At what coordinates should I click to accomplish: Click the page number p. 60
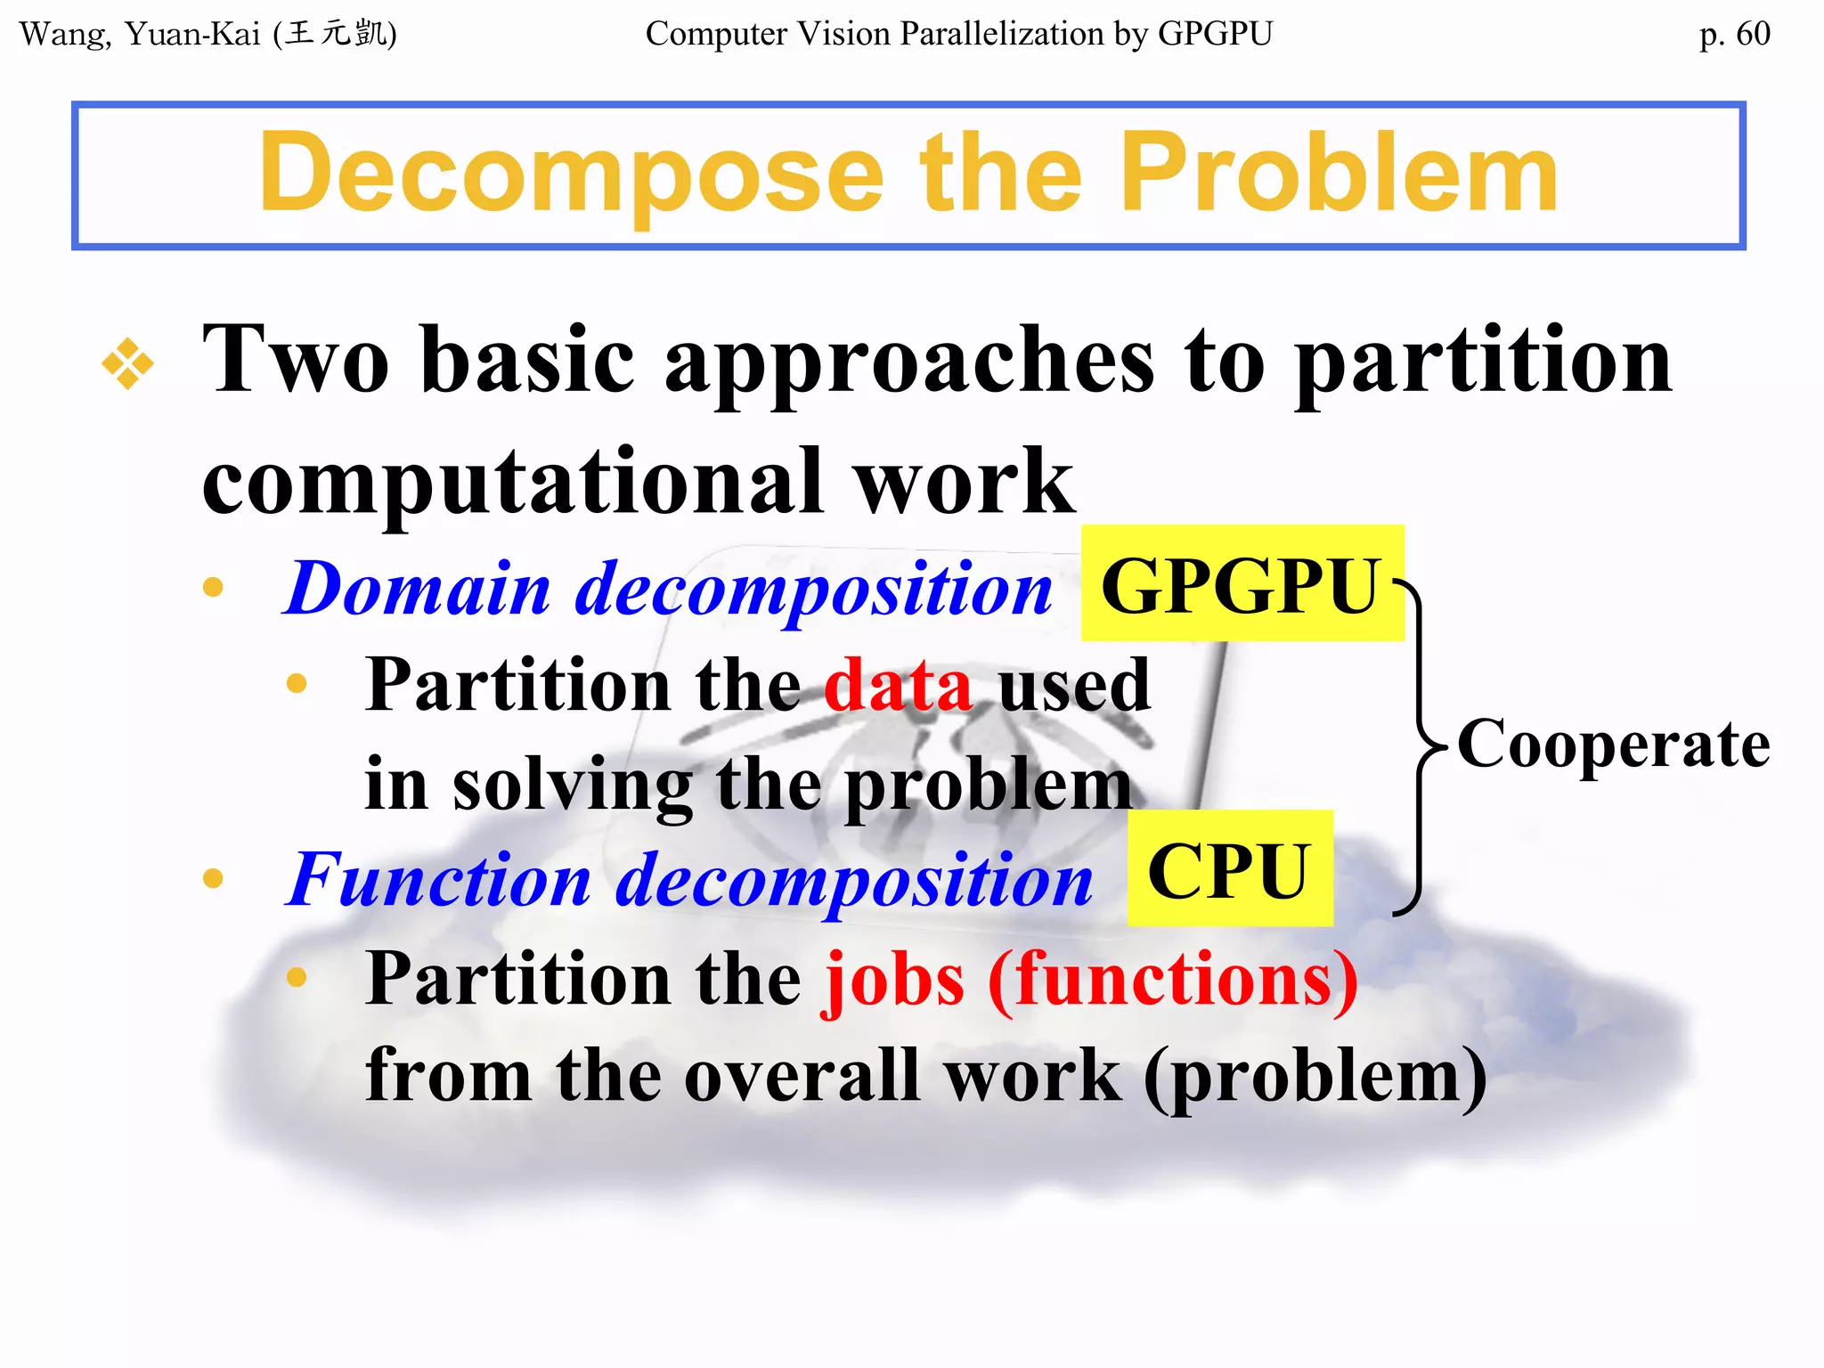(x=1734, y=34)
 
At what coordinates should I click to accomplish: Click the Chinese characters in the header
(x=335, y=34)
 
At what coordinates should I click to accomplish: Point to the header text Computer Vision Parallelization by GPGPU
(x=959, y=34)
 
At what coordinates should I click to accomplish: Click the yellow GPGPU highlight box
(x=1242, y=584)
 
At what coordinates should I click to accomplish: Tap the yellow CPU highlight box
(x=1229, y=869)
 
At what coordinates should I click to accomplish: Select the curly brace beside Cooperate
(x=1420, y=745)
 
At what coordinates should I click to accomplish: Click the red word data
(x=898, y=684)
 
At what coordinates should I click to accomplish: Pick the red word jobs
(x=894, y=980)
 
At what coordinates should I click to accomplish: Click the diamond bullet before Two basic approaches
(x=127, y=363)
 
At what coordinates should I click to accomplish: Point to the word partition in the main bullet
(x=1482, y=360)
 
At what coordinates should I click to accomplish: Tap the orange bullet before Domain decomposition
(x=213, y=587)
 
